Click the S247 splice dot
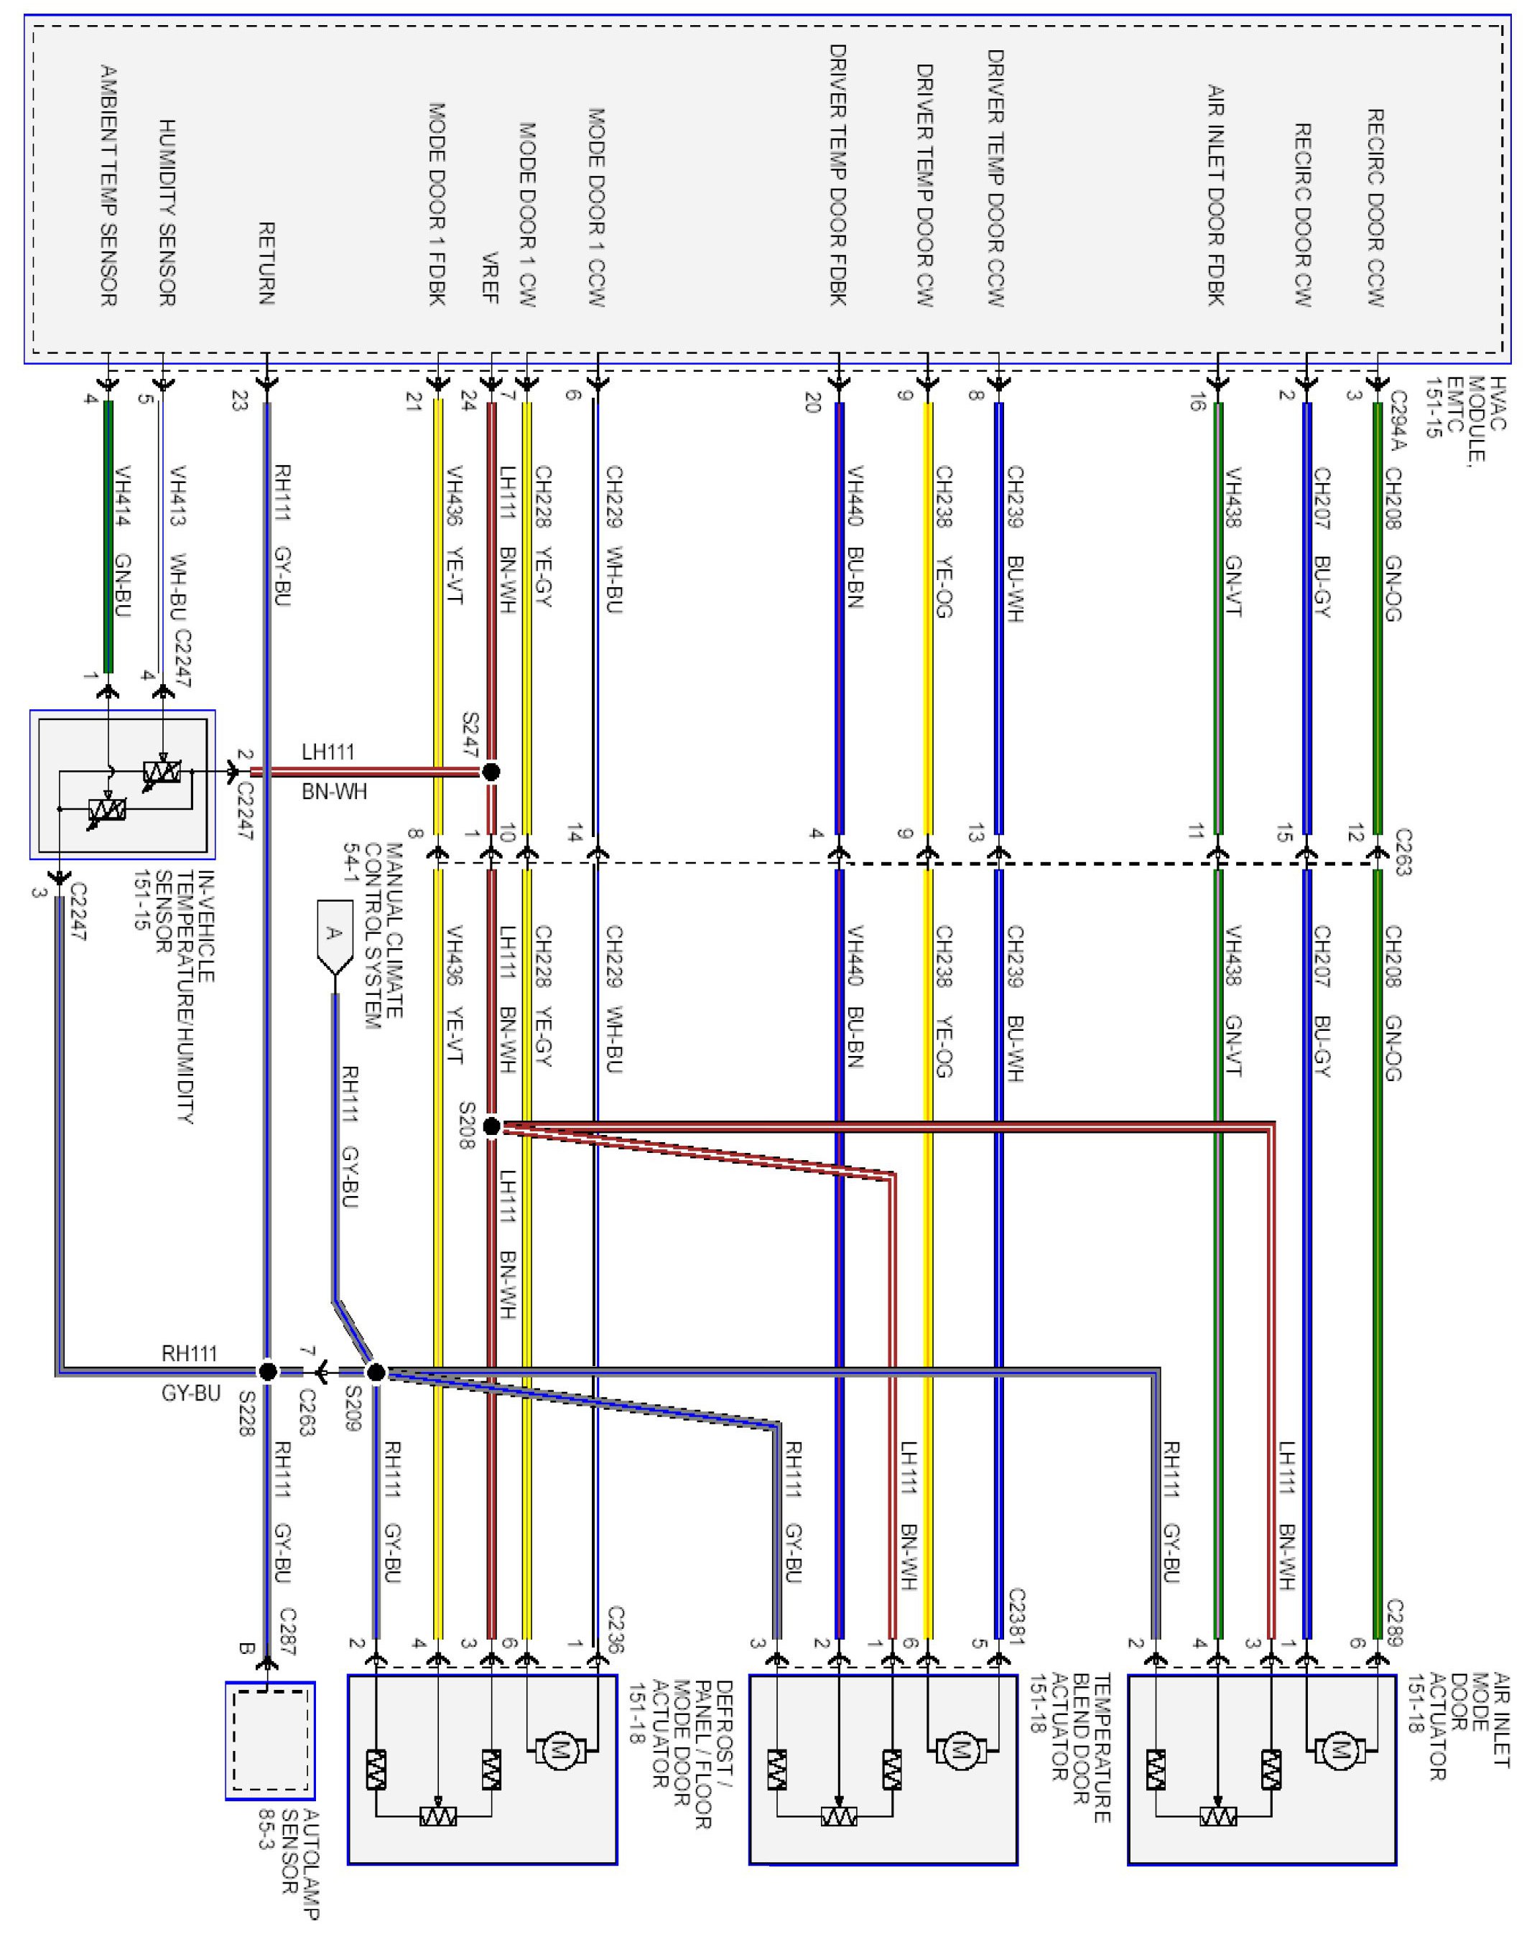(491, 771)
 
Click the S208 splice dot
(491, 1126)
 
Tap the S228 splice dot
(267, 1372)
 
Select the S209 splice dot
(376, 1372)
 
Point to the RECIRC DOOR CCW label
(1375, 207)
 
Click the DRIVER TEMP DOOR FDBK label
(837, 174)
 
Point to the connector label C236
(616, 1629)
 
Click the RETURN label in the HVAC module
(266, 263)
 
